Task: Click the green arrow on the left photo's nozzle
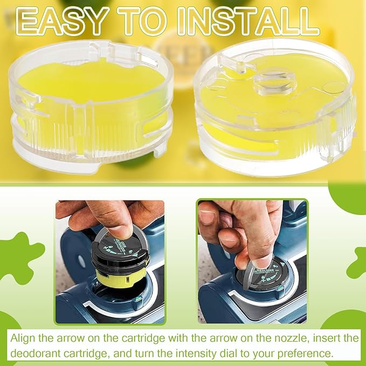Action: point(139,301)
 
